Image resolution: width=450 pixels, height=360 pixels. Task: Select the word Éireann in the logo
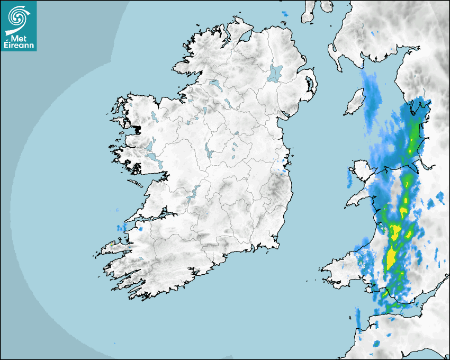coord(19,46)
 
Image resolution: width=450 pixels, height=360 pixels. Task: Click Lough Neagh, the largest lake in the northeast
coord(275,73)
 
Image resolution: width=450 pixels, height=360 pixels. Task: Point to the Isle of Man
coord(354,102)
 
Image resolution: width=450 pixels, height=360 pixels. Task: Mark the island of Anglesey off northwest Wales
coord(356,176)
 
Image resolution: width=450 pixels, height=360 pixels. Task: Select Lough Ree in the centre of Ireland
coord(208,152)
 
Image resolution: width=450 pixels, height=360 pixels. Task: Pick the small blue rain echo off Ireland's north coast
coord(285,13)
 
